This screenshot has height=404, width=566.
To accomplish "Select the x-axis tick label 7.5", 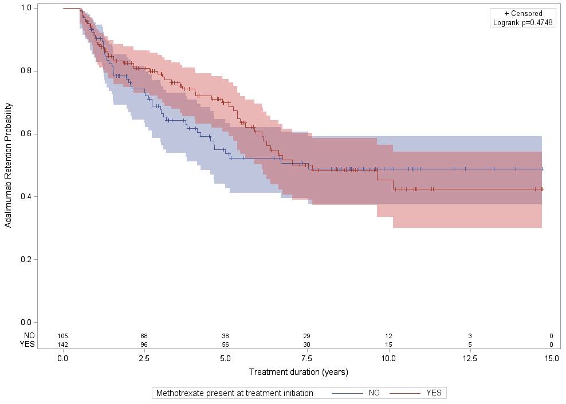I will click(307, 358).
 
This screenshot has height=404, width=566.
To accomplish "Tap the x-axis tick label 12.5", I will click(470, 358).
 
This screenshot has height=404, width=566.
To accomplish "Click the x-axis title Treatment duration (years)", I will click(298, 372).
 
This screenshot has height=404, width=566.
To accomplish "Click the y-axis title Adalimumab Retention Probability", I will click(9, 165).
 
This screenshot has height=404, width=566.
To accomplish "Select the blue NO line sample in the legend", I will click(348, 393).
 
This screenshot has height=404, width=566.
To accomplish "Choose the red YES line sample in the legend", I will click(405, 393).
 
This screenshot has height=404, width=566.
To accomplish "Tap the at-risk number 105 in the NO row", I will click(62, 335).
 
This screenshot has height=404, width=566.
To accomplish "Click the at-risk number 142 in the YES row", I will click(62, 344).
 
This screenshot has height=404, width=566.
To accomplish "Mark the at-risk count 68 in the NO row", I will click(144, 335).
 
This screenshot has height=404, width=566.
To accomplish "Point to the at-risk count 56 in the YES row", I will click(226, 344).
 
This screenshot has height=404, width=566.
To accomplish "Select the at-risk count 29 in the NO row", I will click(307, 335).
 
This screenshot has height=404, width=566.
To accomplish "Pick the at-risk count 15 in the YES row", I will click(388, 344).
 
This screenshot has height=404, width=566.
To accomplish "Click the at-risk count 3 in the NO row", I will click(470, 335).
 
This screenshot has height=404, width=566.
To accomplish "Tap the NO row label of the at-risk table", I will click(29, 335).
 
